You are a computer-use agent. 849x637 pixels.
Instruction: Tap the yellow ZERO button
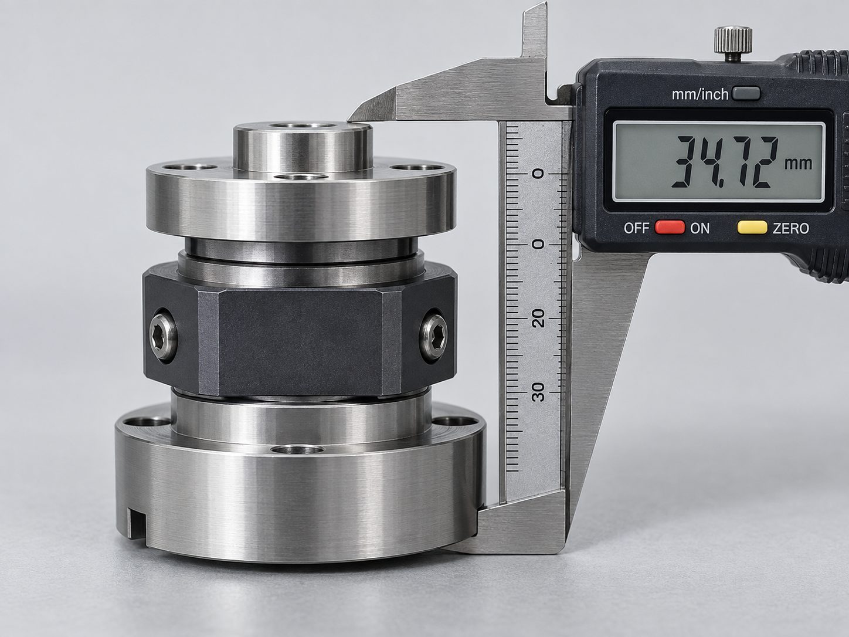pos(752,228)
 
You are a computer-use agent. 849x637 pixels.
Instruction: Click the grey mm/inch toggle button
pos(746,94)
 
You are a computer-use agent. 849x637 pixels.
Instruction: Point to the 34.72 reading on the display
pos(725,162)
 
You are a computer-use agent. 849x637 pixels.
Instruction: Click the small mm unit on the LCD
pos(798,164)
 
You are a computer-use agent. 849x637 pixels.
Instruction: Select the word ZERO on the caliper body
pos(790,229)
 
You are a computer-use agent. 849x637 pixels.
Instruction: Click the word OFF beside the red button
pos(636,228)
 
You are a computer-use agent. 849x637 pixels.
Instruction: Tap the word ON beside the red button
pos(700,229)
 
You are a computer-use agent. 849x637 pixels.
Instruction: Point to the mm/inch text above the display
pos(700,94)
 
